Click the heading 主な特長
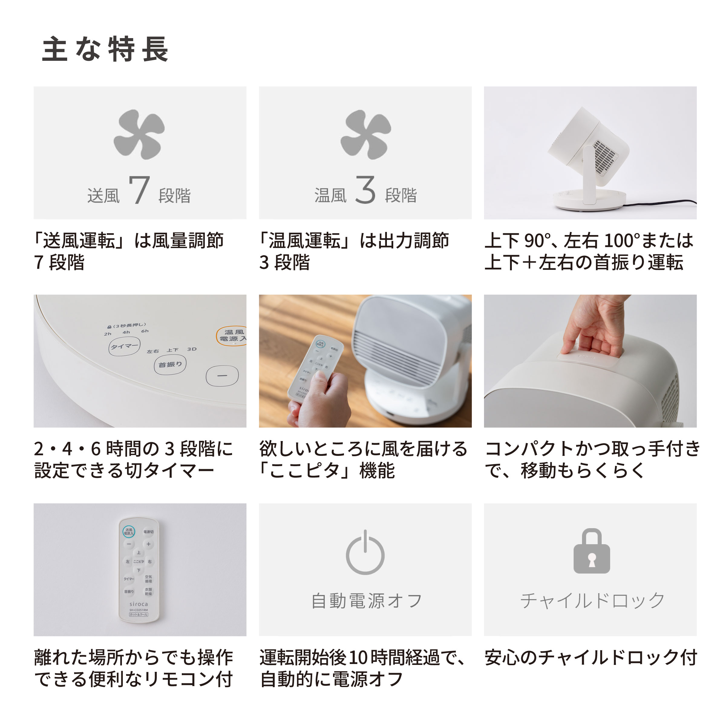pyautogui.click(x=105, y=49)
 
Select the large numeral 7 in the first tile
pyautogui.click(x=139, y=190)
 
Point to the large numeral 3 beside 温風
pyautogui.click(x=365, y=190)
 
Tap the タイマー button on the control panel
pyautogui.click(x=124, y=346)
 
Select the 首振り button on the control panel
pyautogui.click(x=170, y=365)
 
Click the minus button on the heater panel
pyautogui.click(x=222, y=375)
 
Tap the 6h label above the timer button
pyautogui.click(x=145, y=331)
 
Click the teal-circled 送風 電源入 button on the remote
pyautogui.click(x=129, y=531)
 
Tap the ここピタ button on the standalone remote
pyautogui.click(x=139, y=561)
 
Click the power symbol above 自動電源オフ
pyautogui.click(x=365, y=552)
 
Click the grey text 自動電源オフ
pyautogui.click(x=366, y=601)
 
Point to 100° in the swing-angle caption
pyautogui.click(x=621, y=241)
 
